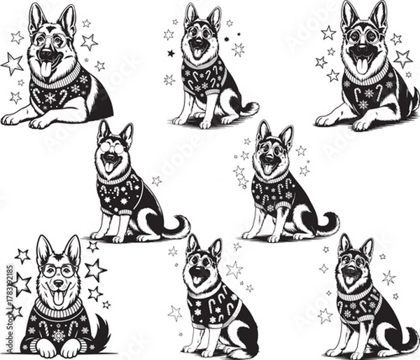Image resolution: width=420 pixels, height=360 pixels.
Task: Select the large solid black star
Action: pos(171,53)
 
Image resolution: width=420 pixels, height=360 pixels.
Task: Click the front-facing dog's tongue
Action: pos(58,298)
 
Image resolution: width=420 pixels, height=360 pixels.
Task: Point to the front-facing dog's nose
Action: pos(59,286)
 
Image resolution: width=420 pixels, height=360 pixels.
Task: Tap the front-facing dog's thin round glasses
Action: pos(58,271)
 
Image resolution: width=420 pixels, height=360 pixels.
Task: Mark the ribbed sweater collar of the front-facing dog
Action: pos(59,308)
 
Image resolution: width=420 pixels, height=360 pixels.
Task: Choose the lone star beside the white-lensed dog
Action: pos(157,180)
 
